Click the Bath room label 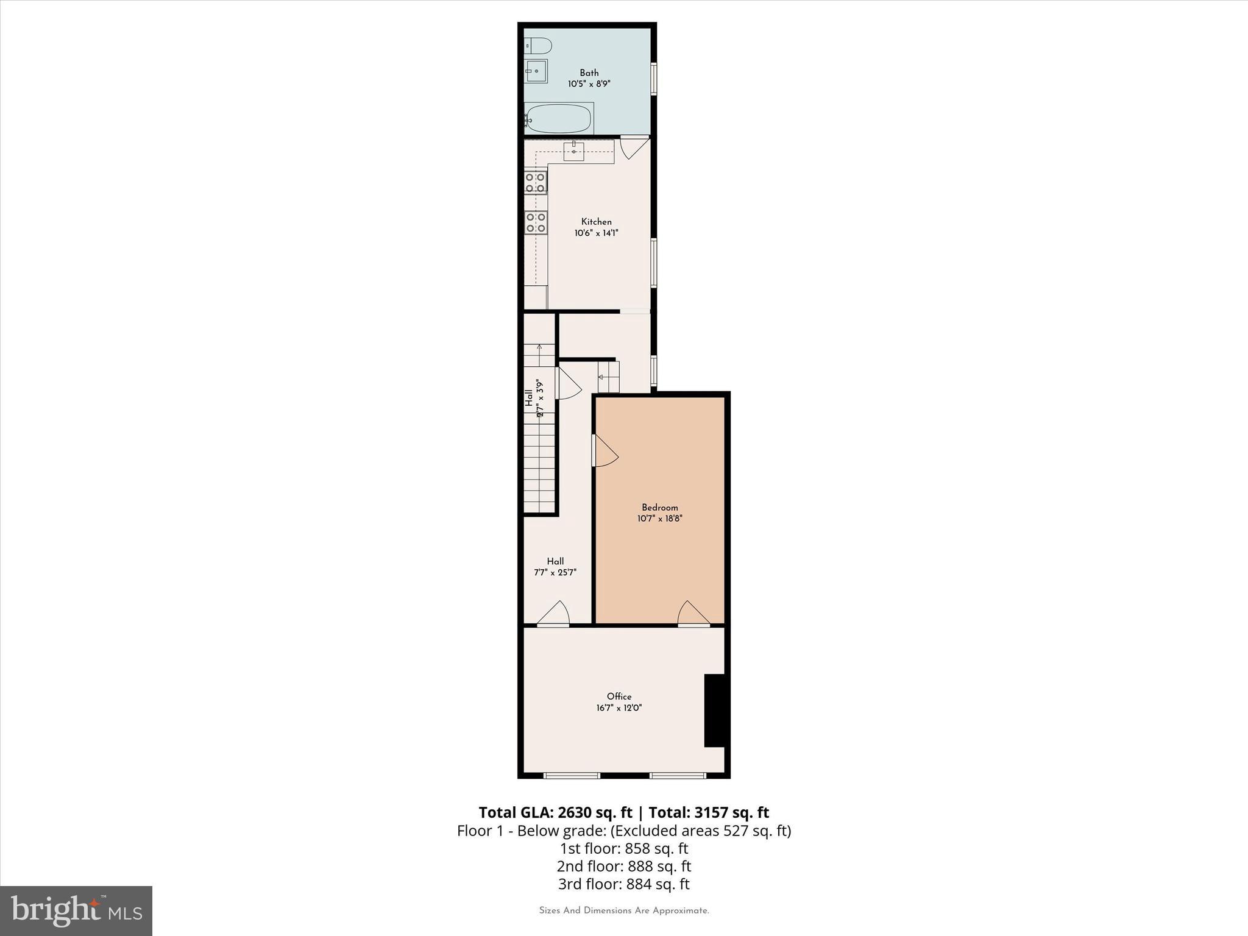(589, 73)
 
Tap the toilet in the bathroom (539, 46)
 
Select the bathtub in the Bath (558, 119)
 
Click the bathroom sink (536, 71)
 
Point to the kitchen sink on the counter (573, 151)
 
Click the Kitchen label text (596, 222)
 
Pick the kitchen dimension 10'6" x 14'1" (596, 233)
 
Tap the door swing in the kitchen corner (633, 147)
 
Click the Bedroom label (659, 508)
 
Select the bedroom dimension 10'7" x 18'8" (659, 519)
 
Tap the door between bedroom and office (693, 614)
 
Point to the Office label (619, 697)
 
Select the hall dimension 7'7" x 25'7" (555, 573)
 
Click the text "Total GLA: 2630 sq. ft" (555, 812)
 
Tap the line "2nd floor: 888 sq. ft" (623, 866)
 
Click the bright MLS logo (76, 910)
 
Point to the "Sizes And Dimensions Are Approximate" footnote (623, 910)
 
